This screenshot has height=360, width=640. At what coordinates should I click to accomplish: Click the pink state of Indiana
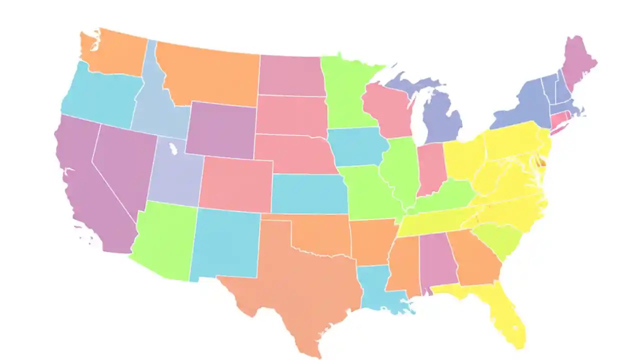pyautogui.click(x=430, y=167)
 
